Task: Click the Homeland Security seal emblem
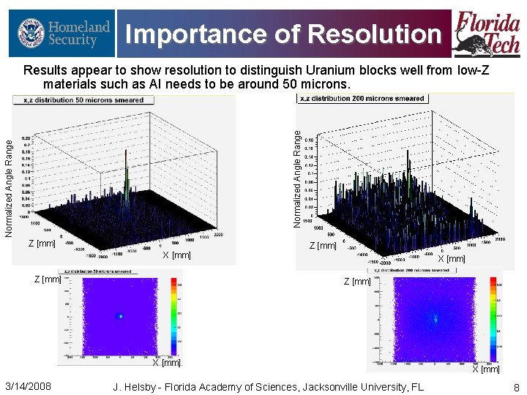click(30, 33)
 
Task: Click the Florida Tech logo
click(486, 33)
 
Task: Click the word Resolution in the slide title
click(375, 34)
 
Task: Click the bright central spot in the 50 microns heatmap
click(121, 316)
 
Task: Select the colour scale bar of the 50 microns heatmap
click(173, 315)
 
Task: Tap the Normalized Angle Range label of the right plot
click(297, 178)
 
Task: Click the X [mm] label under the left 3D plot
click(176, 255)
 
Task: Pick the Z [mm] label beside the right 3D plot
click(323, 246)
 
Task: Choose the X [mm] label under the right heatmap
click(485, 369)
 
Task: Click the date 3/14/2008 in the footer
click(28, 385)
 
